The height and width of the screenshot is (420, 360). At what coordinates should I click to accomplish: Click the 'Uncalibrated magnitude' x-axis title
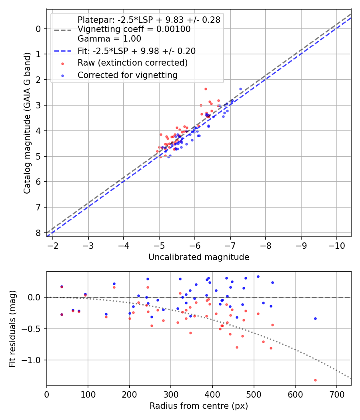[x=199, y=257]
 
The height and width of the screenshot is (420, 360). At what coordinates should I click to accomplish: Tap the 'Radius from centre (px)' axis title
[x=199, y=406]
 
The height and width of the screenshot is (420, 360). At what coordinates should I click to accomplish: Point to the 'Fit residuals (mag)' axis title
[x=12, y=328]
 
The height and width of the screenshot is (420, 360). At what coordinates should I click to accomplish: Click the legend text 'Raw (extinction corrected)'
[x=132, y=63]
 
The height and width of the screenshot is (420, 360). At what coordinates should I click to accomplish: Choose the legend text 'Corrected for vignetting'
[x=128, y=75]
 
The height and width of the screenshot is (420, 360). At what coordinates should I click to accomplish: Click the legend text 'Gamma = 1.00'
[x=109, y=39]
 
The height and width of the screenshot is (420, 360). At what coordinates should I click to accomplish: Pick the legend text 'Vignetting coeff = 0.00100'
[x=134, y=29]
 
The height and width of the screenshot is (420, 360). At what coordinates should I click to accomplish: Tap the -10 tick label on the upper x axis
[x=336, y=245]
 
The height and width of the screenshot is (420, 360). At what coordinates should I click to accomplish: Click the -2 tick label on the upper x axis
[x=53, y=245]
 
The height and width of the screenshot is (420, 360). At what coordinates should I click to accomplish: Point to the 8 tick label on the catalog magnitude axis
[x=38, y=233]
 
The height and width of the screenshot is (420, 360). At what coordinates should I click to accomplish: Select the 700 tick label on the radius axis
[x=336, y=394]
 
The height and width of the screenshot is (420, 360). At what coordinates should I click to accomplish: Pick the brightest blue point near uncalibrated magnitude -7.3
[x=240, y=89]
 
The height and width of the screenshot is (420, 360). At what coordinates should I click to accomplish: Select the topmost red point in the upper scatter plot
[x=206, y=89]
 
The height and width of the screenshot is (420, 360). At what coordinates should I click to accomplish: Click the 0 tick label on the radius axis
[x=47, y=394]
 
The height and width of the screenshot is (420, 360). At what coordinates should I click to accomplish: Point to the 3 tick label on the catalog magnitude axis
[x=38, y=105]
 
